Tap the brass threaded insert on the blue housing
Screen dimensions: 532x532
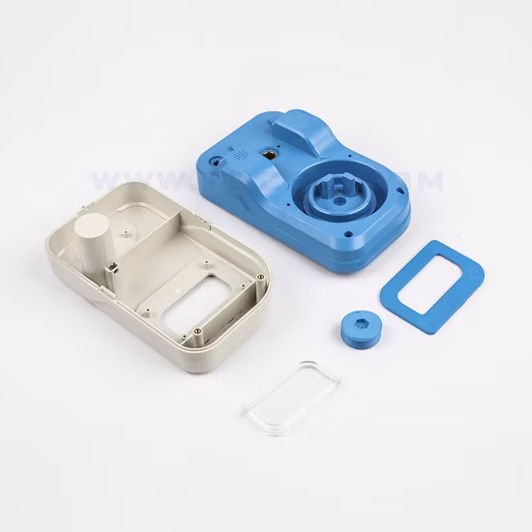[x=271, y=153]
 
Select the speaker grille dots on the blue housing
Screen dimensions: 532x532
[x=239, y=155]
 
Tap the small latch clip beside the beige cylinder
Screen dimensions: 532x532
[x=112, y=272]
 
